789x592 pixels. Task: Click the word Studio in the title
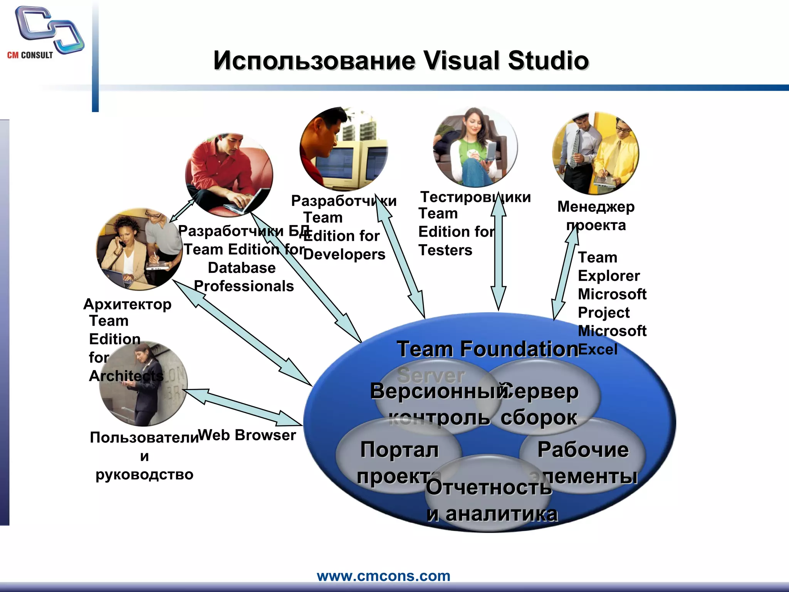point(548,61)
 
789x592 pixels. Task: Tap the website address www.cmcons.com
point(383,576)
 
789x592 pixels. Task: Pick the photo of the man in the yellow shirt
point(596,153)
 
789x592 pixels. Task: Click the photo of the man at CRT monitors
point(344,150)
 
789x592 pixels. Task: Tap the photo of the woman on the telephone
point(139,249)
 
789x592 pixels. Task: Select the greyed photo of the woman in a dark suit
point(143,384)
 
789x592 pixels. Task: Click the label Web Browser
point(247,435)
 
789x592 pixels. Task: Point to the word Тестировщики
point(475,197)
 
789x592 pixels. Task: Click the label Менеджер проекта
point(596,216)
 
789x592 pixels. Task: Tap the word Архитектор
point(128,304)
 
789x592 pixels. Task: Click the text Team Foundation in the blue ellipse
point(487,349)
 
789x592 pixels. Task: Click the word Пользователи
point(144,438)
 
